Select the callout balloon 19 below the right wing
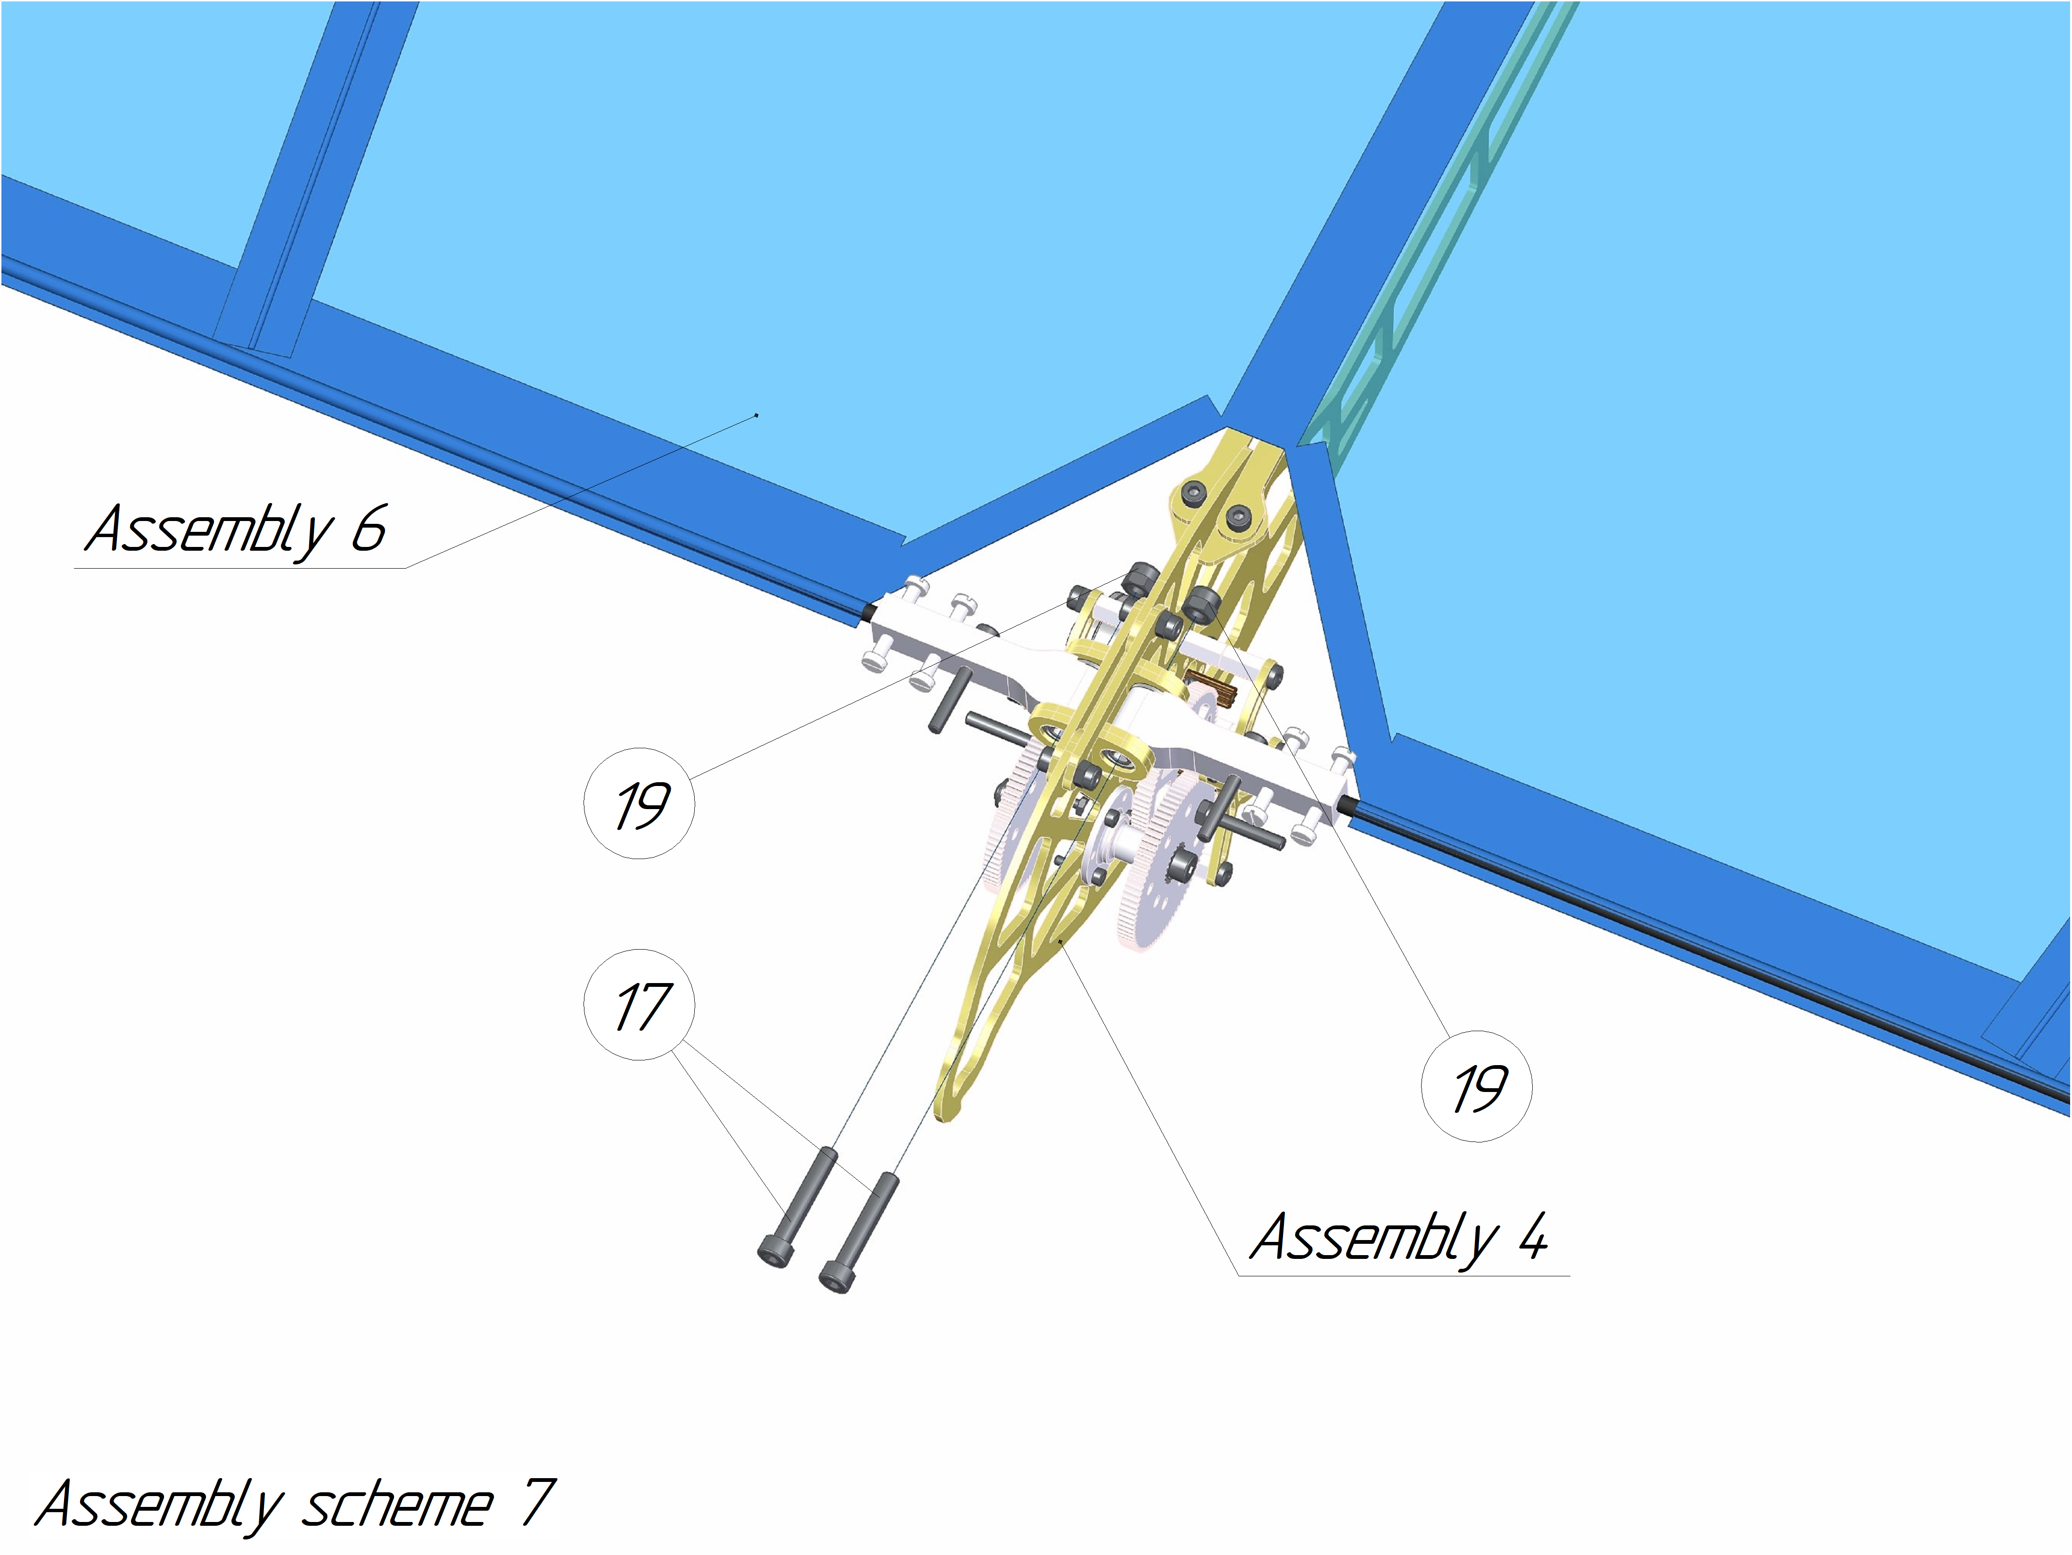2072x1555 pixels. [1477, 1087]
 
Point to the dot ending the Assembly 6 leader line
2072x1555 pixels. [757, 414]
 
